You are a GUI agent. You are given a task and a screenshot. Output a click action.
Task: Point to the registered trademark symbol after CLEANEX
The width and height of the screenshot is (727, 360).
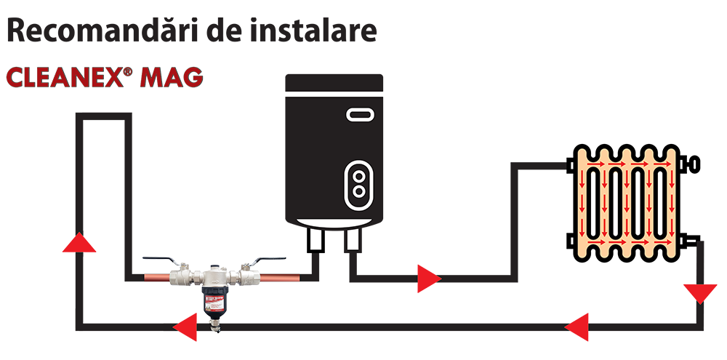127,71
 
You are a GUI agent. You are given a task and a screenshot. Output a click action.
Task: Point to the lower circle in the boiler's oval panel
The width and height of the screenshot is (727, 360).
358,190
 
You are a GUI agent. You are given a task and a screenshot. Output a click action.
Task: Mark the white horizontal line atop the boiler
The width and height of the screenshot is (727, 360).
334,93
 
